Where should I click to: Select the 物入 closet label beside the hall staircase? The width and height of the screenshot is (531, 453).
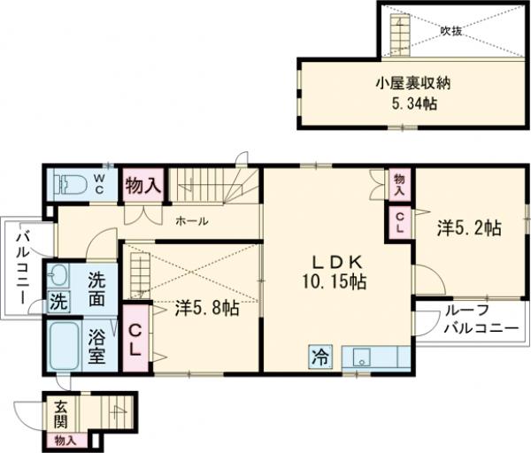(x=142, y=186)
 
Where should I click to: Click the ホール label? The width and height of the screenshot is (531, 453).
(x=190, y=221)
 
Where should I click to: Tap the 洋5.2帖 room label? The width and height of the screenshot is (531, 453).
(x=468, y=228)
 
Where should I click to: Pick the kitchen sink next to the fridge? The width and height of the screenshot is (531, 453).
(x=361, y=357)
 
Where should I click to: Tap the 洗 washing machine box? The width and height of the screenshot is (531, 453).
(x=58, y=301)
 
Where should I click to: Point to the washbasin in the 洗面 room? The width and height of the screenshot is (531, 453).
(x=60, y=273)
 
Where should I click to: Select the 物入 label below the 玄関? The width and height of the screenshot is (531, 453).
(x=65, y=440)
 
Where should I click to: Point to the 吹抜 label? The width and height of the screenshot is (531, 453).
(x=451, y=30)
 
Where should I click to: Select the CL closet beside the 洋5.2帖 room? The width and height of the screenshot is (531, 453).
(x=398, y=222)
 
